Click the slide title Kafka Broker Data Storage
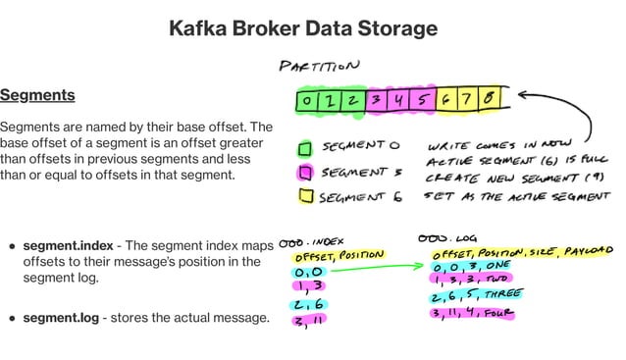[x=302, y=27]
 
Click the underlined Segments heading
[x=37, y=95]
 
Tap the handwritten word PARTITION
[x=320, y=68]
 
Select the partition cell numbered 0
[x=307, y=100]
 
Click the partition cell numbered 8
[x=490, y=99]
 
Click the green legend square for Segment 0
[x=304, y=149]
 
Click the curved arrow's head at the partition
[x=521, y=95]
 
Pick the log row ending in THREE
[x=475, y=295]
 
